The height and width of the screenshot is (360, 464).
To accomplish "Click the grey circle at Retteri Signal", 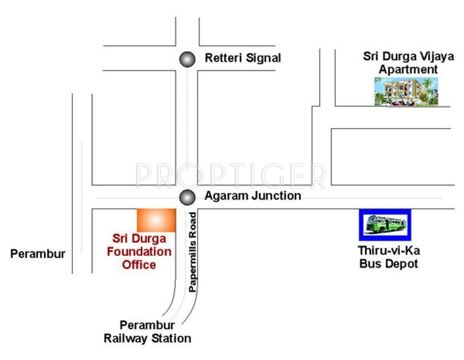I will click(188, 59).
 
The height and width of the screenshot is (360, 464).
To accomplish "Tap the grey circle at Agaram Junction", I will click(188, 197).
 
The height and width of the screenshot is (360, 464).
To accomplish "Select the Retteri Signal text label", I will click(243, 58).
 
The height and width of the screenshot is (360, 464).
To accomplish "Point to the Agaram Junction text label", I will click(253, 196).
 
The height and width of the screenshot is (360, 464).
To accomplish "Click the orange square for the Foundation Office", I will click(156, 220).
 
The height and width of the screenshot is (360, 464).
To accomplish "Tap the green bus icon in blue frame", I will click(385, 224).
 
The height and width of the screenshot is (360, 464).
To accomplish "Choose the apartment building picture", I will click(406, 91).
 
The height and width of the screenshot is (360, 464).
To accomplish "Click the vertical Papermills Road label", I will click(193, 252).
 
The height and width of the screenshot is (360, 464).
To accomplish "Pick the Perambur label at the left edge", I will click(38, 254).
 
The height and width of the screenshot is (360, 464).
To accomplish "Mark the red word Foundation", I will click(140, 251).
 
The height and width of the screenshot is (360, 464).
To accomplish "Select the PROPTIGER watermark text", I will click(231, 176).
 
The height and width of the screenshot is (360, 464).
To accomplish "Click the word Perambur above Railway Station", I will click(147, 325).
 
